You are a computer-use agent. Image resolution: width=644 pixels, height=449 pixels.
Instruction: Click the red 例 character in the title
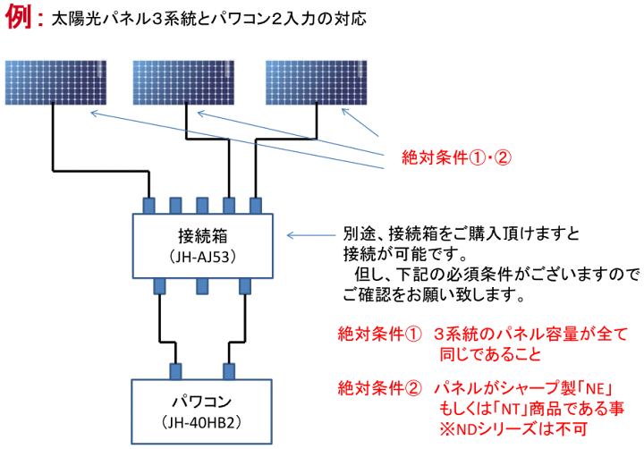coord(19,16)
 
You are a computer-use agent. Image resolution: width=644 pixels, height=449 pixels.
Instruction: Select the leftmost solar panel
coord(55,82)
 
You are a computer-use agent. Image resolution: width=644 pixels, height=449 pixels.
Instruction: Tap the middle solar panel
coord(183,82)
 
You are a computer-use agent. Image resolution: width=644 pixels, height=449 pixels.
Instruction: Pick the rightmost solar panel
coord(316,82)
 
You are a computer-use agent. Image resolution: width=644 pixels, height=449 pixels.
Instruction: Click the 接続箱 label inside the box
coord(202,236)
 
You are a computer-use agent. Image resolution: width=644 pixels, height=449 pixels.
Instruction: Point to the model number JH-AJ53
coord(202,257)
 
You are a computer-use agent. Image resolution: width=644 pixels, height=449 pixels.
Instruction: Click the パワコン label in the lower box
coord(201,402)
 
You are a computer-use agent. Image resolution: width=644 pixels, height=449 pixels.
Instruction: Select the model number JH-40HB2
coord(201,422)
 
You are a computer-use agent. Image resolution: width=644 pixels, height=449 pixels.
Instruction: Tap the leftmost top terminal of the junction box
coord(148,206)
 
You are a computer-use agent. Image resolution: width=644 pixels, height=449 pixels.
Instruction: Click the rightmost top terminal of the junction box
coord(256,206)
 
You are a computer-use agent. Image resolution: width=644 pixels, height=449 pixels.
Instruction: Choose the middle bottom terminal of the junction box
coord(202,286)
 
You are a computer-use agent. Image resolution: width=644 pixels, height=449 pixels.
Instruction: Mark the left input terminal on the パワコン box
coord(175,371)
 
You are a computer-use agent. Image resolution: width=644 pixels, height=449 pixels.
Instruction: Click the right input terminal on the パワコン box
coord(229,371)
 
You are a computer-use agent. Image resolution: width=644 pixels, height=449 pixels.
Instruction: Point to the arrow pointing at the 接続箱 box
coord(311,235)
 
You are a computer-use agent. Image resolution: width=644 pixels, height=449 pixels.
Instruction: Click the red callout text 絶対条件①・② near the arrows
coord(456,157)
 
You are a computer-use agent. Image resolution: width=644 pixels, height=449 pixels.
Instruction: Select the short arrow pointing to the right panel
coord(360,122)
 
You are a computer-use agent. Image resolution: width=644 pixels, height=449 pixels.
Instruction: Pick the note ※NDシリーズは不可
coord(513,429)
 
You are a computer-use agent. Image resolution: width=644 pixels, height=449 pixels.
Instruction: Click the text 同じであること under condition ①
coord(491,354)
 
